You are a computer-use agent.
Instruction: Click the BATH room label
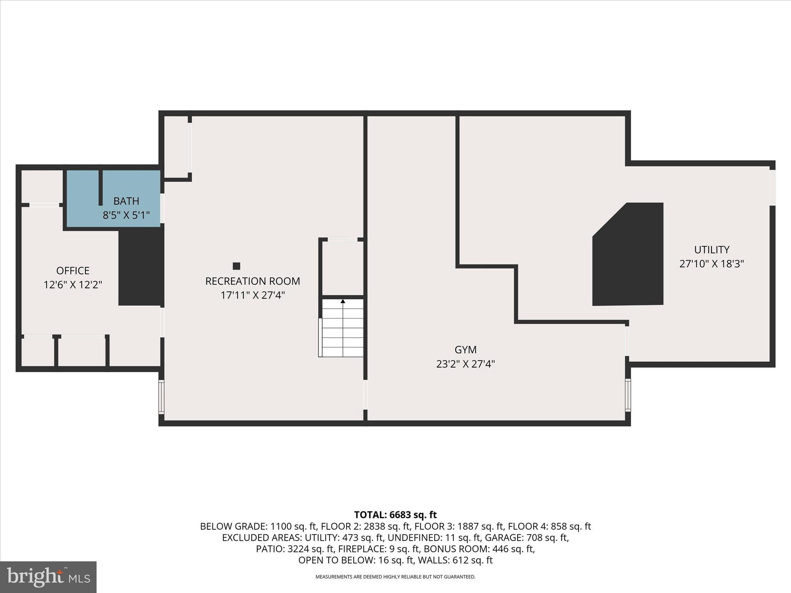(126, 201)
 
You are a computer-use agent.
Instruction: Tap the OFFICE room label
(73, 271)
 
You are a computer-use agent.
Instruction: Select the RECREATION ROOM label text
(253, 281)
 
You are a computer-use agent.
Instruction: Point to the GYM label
(465, 350)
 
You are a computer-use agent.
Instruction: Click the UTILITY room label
(711, 250)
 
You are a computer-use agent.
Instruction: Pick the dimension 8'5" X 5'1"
(126, 215)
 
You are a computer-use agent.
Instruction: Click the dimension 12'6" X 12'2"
(73, 285)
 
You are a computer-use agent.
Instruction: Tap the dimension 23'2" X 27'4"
(465, 364)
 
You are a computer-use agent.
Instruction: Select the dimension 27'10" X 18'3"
(711, 264)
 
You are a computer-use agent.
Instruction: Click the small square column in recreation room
(236, 266)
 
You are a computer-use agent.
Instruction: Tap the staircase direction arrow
(343, 301)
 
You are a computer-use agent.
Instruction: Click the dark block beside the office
(141, 266)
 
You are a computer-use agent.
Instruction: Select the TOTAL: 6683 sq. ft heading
(395, 515)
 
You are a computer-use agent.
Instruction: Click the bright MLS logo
(48, 577)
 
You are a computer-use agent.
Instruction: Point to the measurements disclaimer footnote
(395, 577)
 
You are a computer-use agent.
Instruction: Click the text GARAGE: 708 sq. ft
(526, 537)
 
